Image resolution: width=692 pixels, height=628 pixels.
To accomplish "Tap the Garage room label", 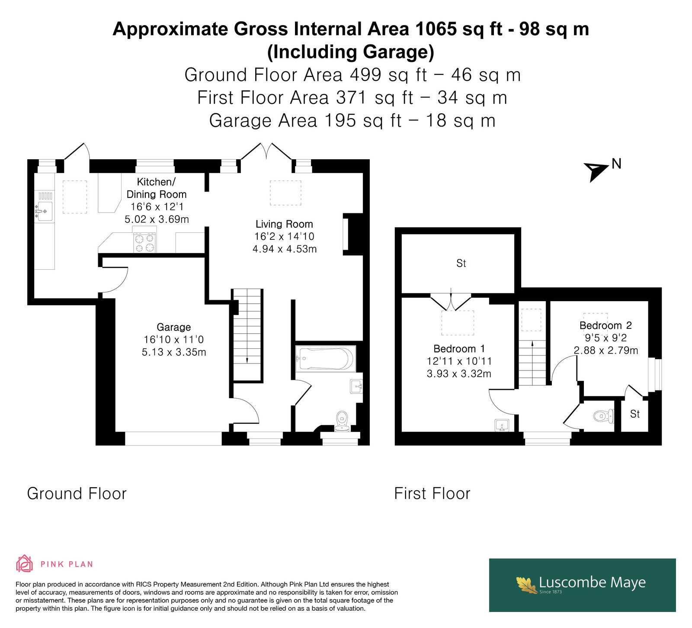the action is pos(173,327).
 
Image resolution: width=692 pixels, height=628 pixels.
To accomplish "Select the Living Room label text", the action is pos(284,224).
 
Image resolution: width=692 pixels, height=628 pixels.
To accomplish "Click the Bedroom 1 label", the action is pos(459,349).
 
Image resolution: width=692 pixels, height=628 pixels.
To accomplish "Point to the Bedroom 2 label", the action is pos(605,325).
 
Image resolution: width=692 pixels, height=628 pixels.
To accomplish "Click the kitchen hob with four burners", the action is pos(145,242).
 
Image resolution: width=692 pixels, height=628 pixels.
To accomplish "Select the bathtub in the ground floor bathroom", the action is pos(326,359).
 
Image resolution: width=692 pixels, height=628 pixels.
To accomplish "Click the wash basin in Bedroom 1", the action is pos(502,425).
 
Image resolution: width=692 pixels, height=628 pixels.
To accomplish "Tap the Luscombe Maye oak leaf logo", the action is pos(527,585).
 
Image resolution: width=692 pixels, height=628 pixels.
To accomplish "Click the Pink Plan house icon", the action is pos(25,564).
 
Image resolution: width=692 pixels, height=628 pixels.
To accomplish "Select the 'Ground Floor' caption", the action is pos(77,493).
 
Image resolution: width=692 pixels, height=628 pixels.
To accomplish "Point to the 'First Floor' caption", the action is pos(432,493).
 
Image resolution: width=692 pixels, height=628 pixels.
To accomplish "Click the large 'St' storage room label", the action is pos(461,263).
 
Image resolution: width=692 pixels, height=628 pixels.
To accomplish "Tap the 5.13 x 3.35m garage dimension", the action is pos(174,352).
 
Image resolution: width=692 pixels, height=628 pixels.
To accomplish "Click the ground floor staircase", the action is pos(247,335).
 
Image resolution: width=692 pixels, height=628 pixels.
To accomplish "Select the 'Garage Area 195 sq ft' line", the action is pos(352,120).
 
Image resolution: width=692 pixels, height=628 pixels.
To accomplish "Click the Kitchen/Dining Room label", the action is pos(157,188).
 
